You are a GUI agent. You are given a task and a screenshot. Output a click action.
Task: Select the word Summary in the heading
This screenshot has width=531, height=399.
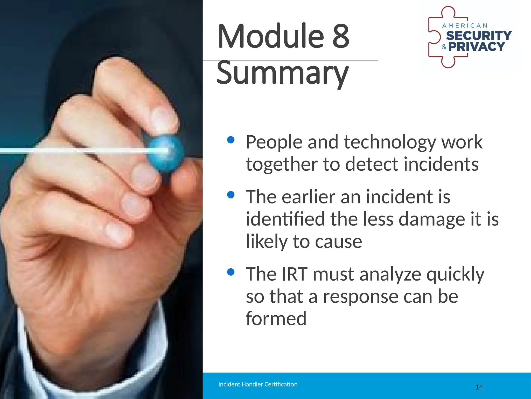pyautogui.click(x=283, y=73)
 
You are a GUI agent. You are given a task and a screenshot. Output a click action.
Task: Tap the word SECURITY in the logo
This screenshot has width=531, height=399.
pyautogui.click(x=479, y=36)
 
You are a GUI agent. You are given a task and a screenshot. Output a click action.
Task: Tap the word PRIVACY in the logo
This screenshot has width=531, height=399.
pyautogui.click(x=477, y=47)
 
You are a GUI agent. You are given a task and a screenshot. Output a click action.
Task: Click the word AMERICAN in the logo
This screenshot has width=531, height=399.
pyautogui.click(x=465, y=26)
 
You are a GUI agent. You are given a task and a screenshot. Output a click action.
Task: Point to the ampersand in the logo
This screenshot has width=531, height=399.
pyautogui.click(x=444, y=47)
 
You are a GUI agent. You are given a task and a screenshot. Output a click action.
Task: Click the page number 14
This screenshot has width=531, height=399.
pyautogui.click(x=479, y=387)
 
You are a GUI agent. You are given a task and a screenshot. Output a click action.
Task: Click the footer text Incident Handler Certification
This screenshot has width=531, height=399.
pyautogui.click(x=258, y=384)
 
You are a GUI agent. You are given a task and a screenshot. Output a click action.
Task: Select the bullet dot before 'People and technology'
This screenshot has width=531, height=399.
pyautogui.click(x=230, y=140)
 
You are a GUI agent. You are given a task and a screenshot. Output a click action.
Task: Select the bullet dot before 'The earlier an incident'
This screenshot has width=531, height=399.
pyautogui.click(x=230, y=195)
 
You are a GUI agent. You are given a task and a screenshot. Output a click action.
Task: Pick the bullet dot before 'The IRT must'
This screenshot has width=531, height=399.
pyautogui.click(x=230, y=272)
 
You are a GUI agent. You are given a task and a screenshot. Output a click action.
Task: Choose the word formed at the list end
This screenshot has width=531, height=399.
pyautogui.click(x=276, y=319)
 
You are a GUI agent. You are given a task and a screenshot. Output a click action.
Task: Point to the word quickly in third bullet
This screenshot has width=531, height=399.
pyautogui.click(x=455, y=275)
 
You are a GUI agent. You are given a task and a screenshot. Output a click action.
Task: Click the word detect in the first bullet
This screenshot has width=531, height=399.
pyautogui.click(x=372, y=165)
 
